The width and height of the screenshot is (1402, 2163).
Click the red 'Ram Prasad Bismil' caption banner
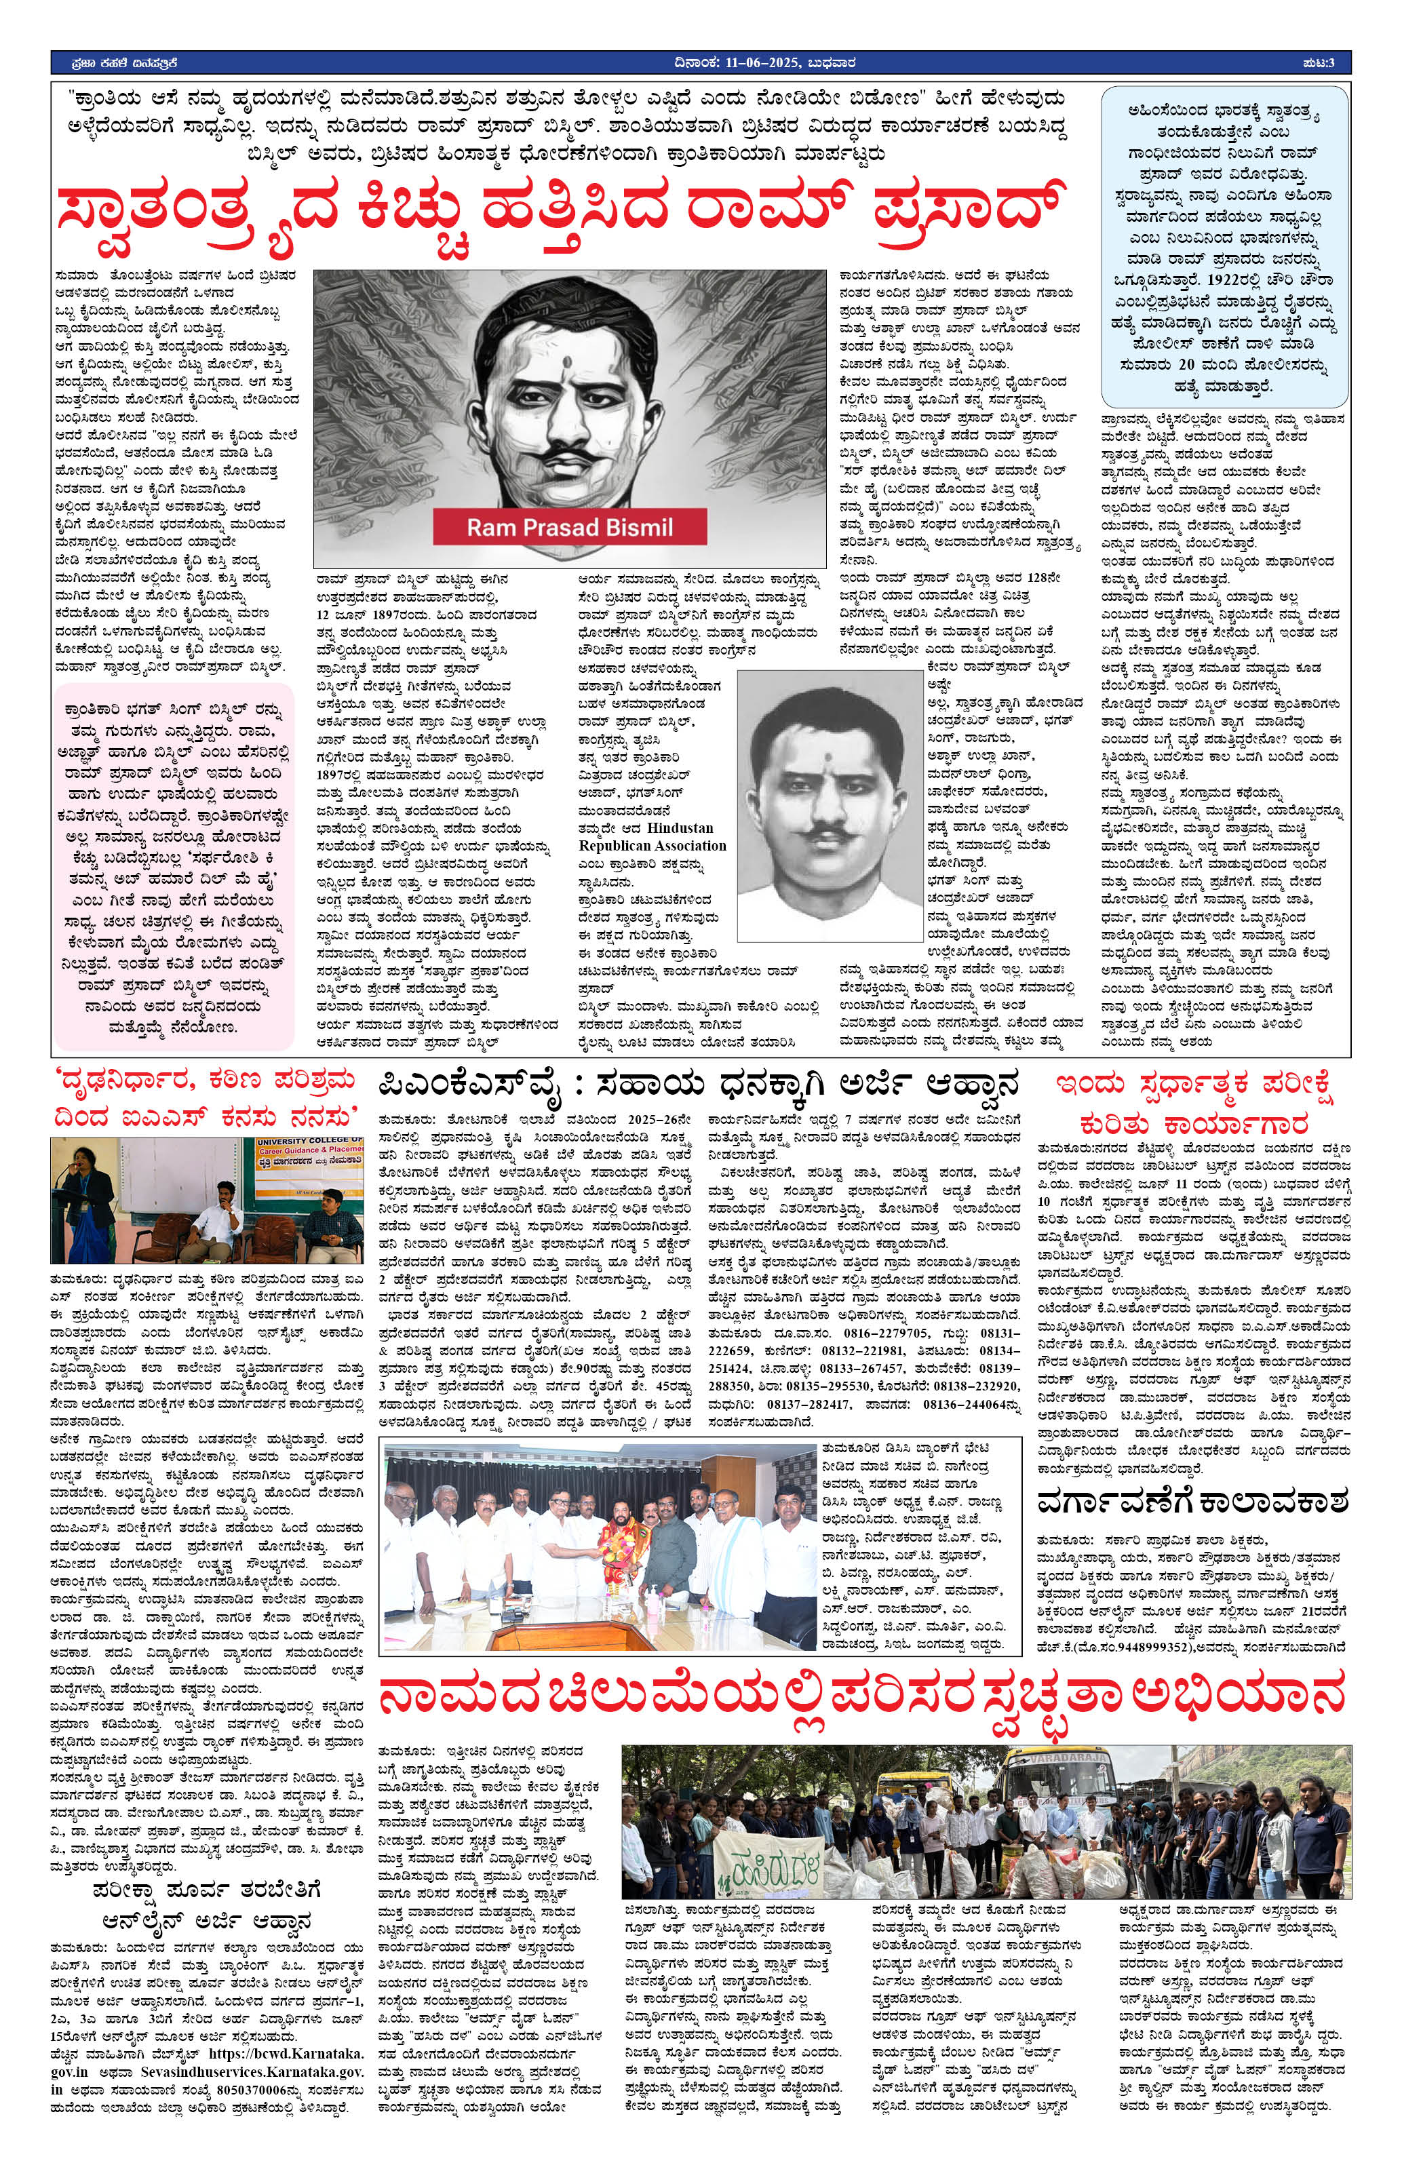570,526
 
